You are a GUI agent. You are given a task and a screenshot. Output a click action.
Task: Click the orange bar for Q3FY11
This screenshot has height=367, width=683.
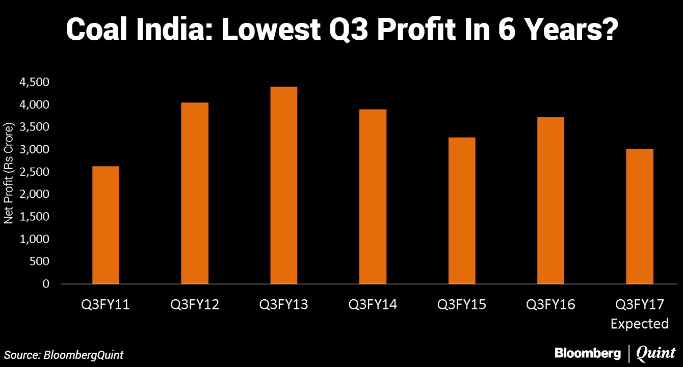pos(106,225)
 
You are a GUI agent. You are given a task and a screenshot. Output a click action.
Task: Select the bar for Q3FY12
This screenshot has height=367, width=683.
pos(195,193)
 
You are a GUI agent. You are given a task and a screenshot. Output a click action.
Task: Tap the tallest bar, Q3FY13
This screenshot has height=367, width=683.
pos(284,185)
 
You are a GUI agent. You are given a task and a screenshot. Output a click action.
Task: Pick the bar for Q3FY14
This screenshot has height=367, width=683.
pos(373,196)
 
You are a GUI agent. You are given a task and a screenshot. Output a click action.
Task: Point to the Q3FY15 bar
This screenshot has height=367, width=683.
pos(462,211)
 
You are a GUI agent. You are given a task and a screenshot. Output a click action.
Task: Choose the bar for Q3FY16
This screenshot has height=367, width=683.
pos(551,200)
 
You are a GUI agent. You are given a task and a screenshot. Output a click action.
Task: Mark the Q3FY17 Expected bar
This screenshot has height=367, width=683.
pos(640,216)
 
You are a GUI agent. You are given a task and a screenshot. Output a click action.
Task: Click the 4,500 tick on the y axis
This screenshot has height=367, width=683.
pos(35,82)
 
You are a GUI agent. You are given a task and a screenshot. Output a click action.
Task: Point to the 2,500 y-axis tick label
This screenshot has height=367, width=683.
pos(35,172)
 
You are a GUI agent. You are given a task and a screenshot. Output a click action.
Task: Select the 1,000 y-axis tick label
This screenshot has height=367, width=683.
pos(35,239)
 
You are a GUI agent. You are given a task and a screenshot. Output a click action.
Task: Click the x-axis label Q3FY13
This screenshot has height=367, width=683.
pos(284,305)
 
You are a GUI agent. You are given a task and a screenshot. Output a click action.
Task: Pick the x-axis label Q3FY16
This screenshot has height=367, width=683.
pos(551,305)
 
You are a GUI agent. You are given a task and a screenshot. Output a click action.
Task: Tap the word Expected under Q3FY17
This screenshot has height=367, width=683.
pos(640,324)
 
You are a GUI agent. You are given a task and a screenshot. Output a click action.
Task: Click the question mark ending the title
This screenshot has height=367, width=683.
pos(608,31)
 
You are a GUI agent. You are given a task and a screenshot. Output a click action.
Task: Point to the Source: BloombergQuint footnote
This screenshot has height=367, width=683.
pos(64,355)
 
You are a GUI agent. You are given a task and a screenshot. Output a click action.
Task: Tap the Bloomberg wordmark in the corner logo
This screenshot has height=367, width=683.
pos(587,353)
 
